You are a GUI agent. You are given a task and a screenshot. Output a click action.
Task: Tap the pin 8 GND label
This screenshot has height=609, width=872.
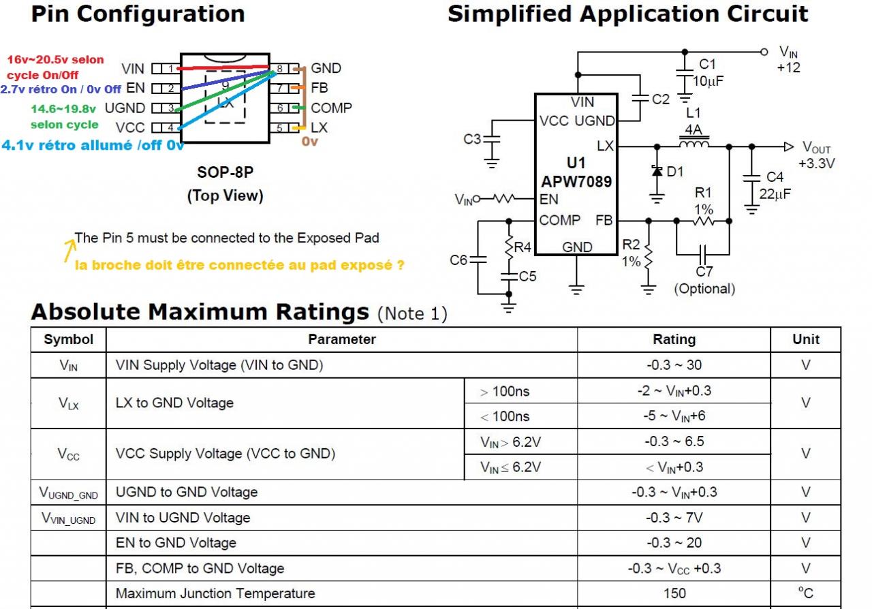coord(326,68)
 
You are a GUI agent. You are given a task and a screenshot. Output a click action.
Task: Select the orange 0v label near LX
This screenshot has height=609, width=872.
coord(310,142)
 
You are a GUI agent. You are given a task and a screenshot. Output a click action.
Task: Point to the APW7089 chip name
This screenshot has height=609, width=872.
coord(576,182)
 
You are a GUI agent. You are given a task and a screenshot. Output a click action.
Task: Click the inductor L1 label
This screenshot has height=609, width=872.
coord(694,113)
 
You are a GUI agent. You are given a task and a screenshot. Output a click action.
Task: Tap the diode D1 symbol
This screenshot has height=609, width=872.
coord(657,172)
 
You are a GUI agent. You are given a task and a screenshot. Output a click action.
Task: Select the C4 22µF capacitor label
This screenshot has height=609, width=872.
coord(775,186)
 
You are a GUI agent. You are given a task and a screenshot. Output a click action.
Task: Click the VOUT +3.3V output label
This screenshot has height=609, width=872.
coord(817,155)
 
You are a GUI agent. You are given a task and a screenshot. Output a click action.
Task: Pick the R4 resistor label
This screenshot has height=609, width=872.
coord(523,247)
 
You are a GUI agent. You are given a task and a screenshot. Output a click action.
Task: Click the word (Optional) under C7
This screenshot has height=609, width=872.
coord(704,289)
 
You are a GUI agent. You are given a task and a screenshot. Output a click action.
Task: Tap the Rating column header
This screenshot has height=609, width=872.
coord(674,339)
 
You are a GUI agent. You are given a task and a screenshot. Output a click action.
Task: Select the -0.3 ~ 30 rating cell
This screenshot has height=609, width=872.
coord(674,365)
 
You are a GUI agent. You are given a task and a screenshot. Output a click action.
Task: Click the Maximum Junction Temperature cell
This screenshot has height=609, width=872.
coord(215,593)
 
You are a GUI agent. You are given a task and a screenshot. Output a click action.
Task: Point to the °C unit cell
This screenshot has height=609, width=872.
coord(806,593)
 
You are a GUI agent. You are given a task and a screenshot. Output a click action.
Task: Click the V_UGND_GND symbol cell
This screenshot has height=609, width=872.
coord(68,493)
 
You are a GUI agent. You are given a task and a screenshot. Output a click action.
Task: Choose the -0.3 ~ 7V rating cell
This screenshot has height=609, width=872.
coord(674,518)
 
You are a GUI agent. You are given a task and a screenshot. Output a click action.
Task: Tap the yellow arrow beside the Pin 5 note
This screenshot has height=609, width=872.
coord(69,250)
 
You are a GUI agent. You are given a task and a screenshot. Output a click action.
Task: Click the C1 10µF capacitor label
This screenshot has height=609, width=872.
coord(707,73)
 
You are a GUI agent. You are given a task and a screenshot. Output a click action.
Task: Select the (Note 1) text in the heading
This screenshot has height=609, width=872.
coord(412,313)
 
